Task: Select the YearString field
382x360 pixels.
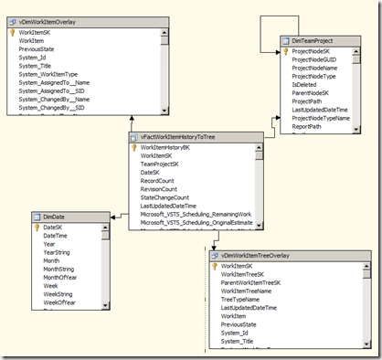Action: coord(58,252)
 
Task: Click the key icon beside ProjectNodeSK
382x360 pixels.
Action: coord(284,52)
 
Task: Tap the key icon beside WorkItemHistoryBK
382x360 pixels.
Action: coord(133,146)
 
